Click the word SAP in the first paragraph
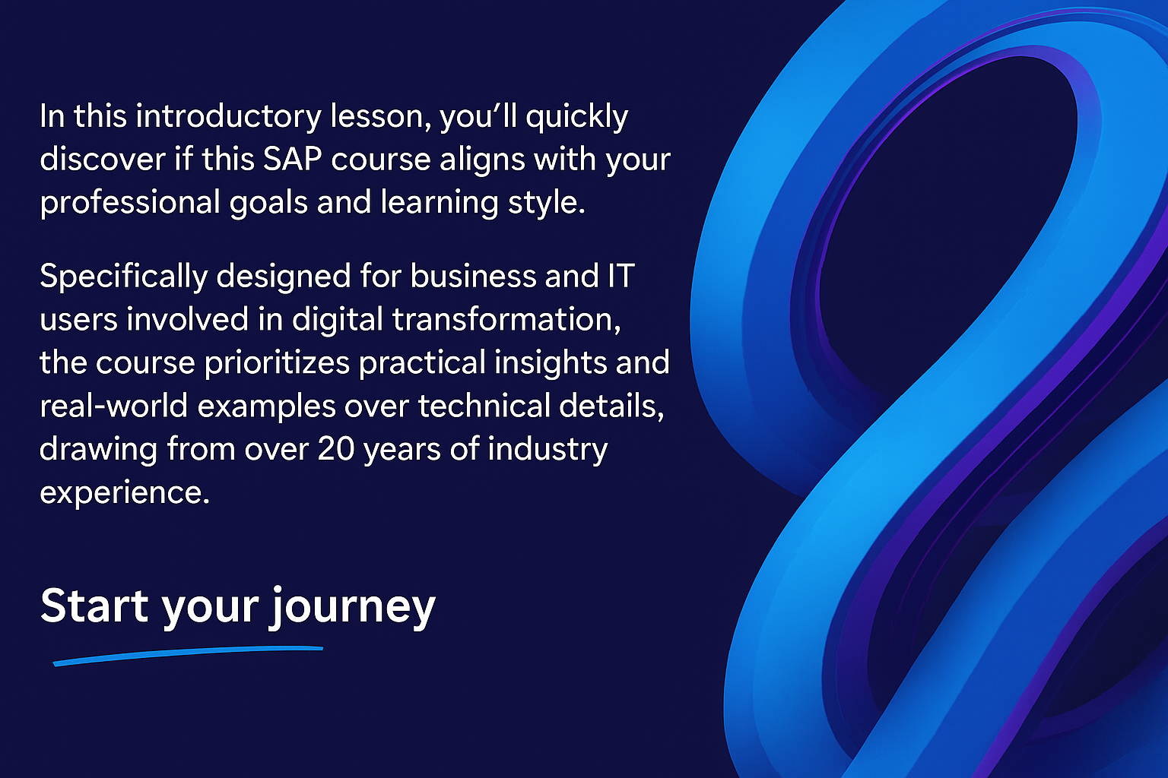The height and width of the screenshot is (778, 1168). tap(292, 159)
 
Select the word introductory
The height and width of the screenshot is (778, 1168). tap(229, 117)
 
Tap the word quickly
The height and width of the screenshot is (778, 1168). tap(576, 117)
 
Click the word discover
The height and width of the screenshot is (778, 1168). tap(103, 159)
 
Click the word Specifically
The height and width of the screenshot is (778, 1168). tap(124, 277)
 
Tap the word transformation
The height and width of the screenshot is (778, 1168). tap(506, 319)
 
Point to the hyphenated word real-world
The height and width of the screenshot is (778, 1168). tap(113, 406)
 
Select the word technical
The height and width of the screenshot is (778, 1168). tap(484, 406)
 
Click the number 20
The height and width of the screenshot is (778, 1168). tap(336, 449)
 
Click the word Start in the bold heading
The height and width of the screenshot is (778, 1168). tap(94, 606)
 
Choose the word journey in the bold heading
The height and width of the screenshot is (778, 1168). tap(353, 609)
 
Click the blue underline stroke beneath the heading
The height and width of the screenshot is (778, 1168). tap(189, 654)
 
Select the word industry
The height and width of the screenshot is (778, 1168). tap(547, 450)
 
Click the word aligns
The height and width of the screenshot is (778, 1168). tap(482, 160)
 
